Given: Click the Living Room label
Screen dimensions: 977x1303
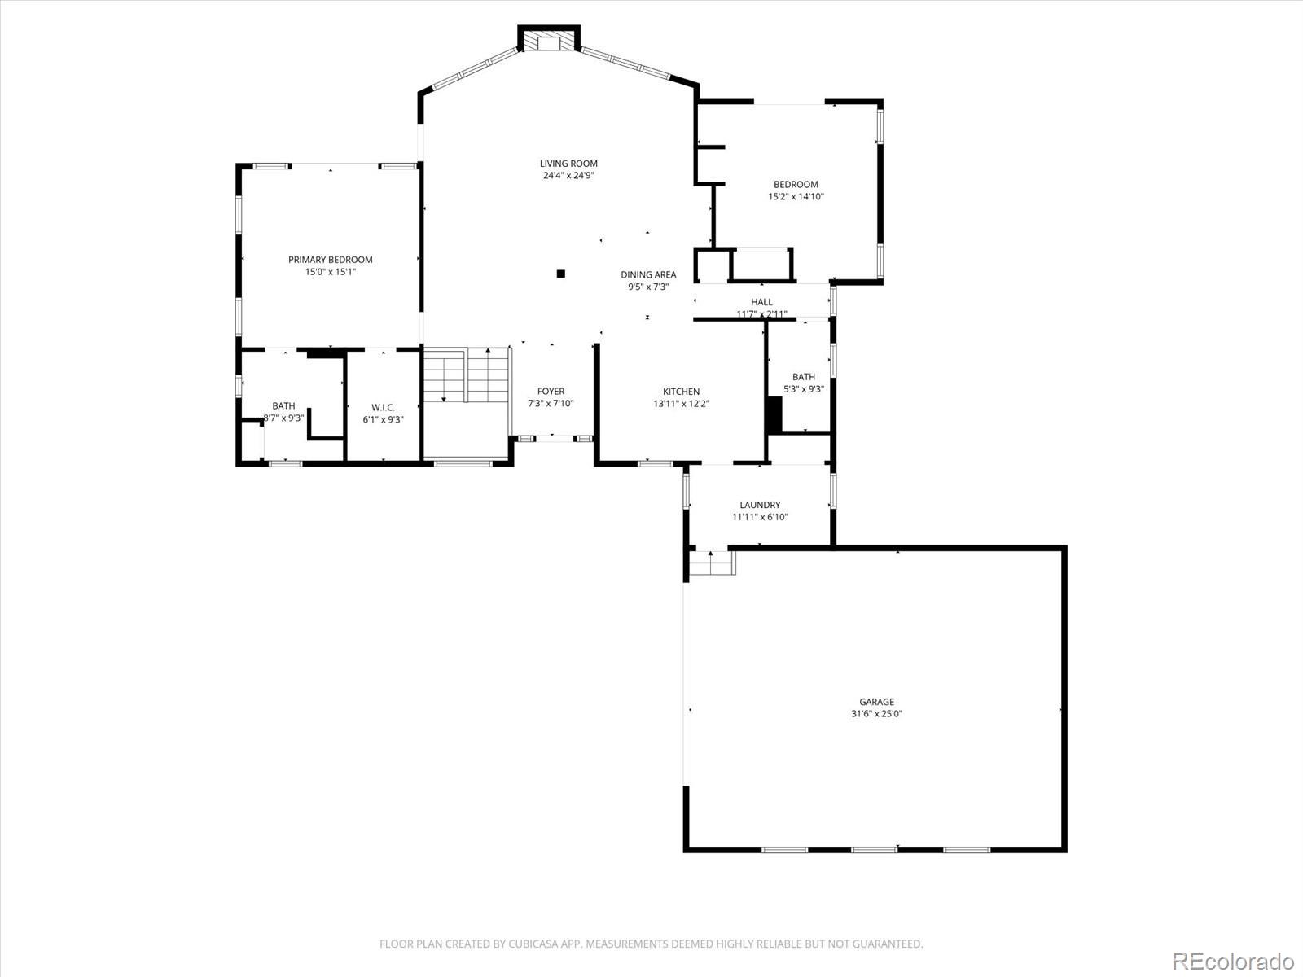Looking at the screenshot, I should [568, 164].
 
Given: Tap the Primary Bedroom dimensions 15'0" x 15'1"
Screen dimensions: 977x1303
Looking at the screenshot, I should [331, 272].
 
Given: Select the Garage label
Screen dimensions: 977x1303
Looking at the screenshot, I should [876, 702].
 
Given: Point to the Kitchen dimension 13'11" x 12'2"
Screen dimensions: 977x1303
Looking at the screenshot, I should [681, 404].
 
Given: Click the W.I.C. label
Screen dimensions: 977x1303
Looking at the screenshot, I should [383, 407].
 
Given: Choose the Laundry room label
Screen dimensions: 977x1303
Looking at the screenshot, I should [760, 505].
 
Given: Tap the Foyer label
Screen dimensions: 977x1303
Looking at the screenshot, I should [551, 392].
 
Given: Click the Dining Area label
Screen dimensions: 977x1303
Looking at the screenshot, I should [648, 274].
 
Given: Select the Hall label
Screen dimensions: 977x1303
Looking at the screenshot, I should [761, 302].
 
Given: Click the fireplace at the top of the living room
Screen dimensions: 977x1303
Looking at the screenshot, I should [550, 42].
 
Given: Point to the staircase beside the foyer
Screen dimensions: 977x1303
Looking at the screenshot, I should [465, 375].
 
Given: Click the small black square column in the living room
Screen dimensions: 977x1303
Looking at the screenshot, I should [560, 274].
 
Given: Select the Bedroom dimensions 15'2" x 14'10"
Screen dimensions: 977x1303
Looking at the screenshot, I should [796, 196].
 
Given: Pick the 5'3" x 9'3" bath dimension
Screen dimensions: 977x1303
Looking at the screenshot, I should [804, 389].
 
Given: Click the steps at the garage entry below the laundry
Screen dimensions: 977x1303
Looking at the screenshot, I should [712, 563].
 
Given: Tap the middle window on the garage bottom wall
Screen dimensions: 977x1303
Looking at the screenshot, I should [874, 850].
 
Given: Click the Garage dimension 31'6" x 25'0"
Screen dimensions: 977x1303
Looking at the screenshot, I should [876, 714].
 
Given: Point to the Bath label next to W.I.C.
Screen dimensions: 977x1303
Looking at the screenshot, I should [283, 405].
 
